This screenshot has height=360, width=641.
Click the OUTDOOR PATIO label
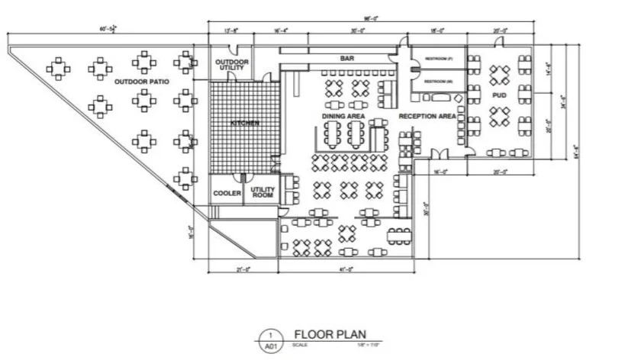coord(142,81)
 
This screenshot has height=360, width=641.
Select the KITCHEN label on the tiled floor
coord(245,123)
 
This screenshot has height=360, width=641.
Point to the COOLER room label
coord(227,193)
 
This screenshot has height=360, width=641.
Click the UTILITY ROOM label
coord(262,193)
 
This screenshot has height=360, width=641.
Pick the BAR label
coord(348,59)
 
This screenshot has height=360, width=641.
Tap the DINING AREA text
coord(343,116)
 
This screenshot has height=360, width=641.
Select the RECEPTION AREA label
coord(427,116)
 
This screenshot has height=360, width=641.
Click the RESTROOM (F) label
coord(438,59)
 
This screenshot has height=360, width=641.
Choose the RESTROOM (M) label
coord(438,80)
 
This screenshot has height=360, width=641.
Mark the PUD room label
coord(499,95)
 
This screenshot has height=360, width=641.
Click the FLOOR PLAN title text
coord(329,334)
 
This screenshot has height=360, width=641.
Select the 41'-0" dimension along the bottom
coord(346,268)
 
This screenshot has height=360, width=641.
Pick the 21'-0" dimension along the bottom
coord(243,268)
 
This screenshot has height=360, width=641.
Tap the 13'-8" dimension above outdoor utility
coord(230,31)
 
